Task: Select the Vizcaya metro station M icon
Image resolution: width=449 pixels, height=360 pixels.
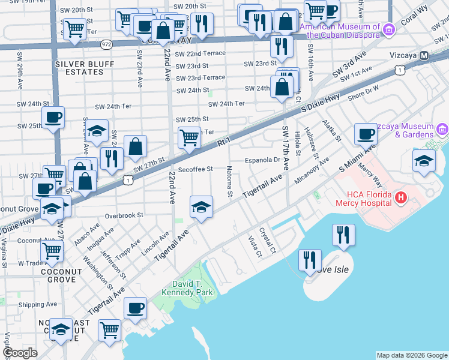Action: point(424,55)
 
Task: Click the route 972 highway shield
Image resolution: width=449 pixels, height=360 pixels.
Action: point(106,44)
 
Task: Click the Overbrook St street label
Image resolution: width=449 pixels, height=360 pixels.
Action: point(124,215)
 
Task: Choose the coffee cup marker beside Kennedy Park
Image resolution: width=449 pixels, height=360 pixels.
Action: point(135,309)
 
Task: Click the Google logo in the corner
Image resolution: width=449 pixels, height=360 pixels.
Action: point(20,353)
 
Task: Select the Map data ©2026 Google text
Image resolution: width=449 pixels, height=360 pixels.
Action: point(411,355)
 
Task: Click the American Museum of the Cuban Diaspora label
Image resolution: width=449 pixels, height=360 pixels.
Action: point(340,31)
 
